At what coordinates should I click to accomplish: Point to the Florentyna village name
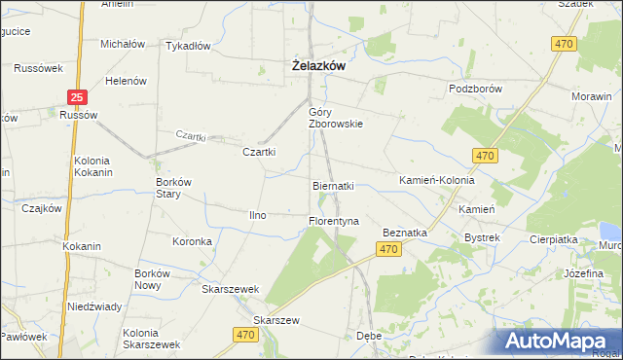(x=334, y=222)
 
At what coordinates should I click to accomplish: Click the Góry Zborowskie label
(x=336, y=118)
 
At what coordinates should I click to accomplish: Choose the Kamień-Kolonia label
(x=437, y=181)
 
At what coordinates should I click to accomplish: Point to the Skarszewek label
(x=230, y=289)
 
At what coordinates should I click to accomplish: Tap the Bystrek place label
(x=482, y=237)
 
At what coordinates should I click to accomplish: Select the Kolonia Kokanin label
(x=93, y=166)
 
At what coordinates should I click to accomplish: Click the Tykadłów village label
(x=188, y=47)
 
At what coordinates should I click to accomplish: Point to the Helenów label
(x=126, y=81)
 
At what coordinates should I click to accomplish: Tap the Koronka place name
(x=192, y=241)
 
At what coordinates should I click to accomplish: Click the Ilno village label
(x=258, y=215)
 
